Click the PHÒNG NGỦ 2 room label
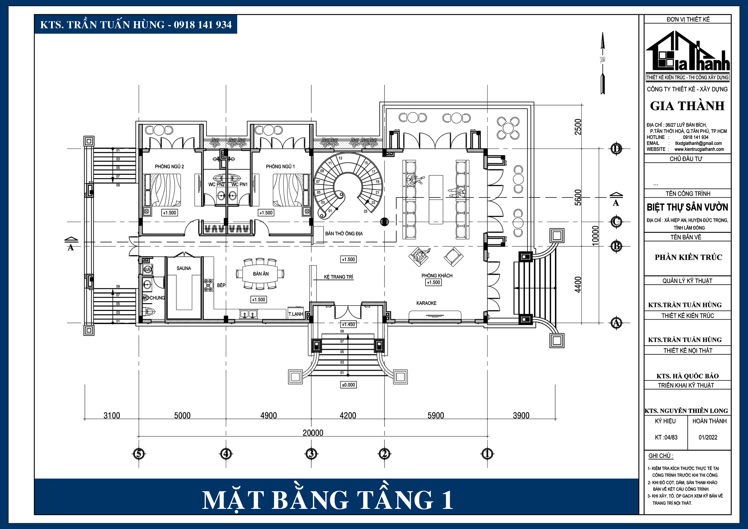169,166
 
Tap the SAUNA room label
184,268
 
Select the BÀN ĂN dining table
261,274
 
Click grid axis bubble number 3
311,453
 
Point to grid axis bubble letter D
616,149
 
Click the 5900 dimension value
436,415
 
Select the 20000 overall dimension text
313,433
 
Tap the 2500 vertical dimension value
578,127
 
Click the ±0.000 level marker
348,385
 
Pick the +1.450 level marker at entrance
348,325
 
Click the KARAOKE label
426,303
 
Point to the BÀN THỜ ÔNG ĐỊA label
344,234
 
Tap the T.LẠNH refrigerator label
296,314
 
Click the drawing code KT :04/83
666,437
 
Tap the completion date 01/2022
708,437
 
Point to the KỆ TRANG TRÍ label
338,277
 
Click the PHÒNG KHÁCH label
437,276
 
